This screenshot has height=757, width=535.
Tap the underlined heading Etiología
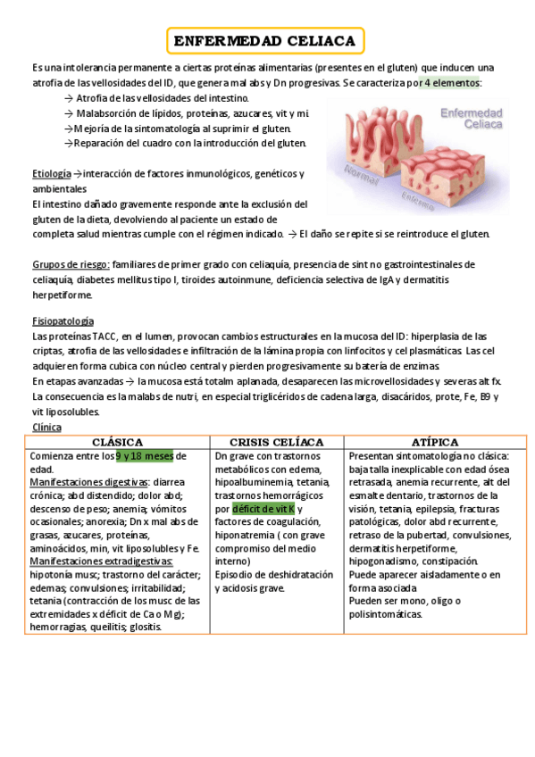[49, 173]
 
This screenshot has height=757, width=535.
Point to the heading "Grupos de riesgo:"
[71, 264]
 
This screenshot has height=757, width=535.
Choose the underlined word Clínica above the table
[46, 428]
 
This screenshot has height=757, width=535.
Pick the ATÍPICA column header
[435, 443]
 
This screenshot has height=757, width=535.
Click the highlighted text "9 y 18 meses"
[145, 456]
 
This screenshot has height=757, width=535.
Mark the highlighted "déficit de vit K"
[263, 509]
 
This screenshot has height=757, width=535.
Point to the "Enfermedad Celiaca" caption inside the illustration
[472, 120]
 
